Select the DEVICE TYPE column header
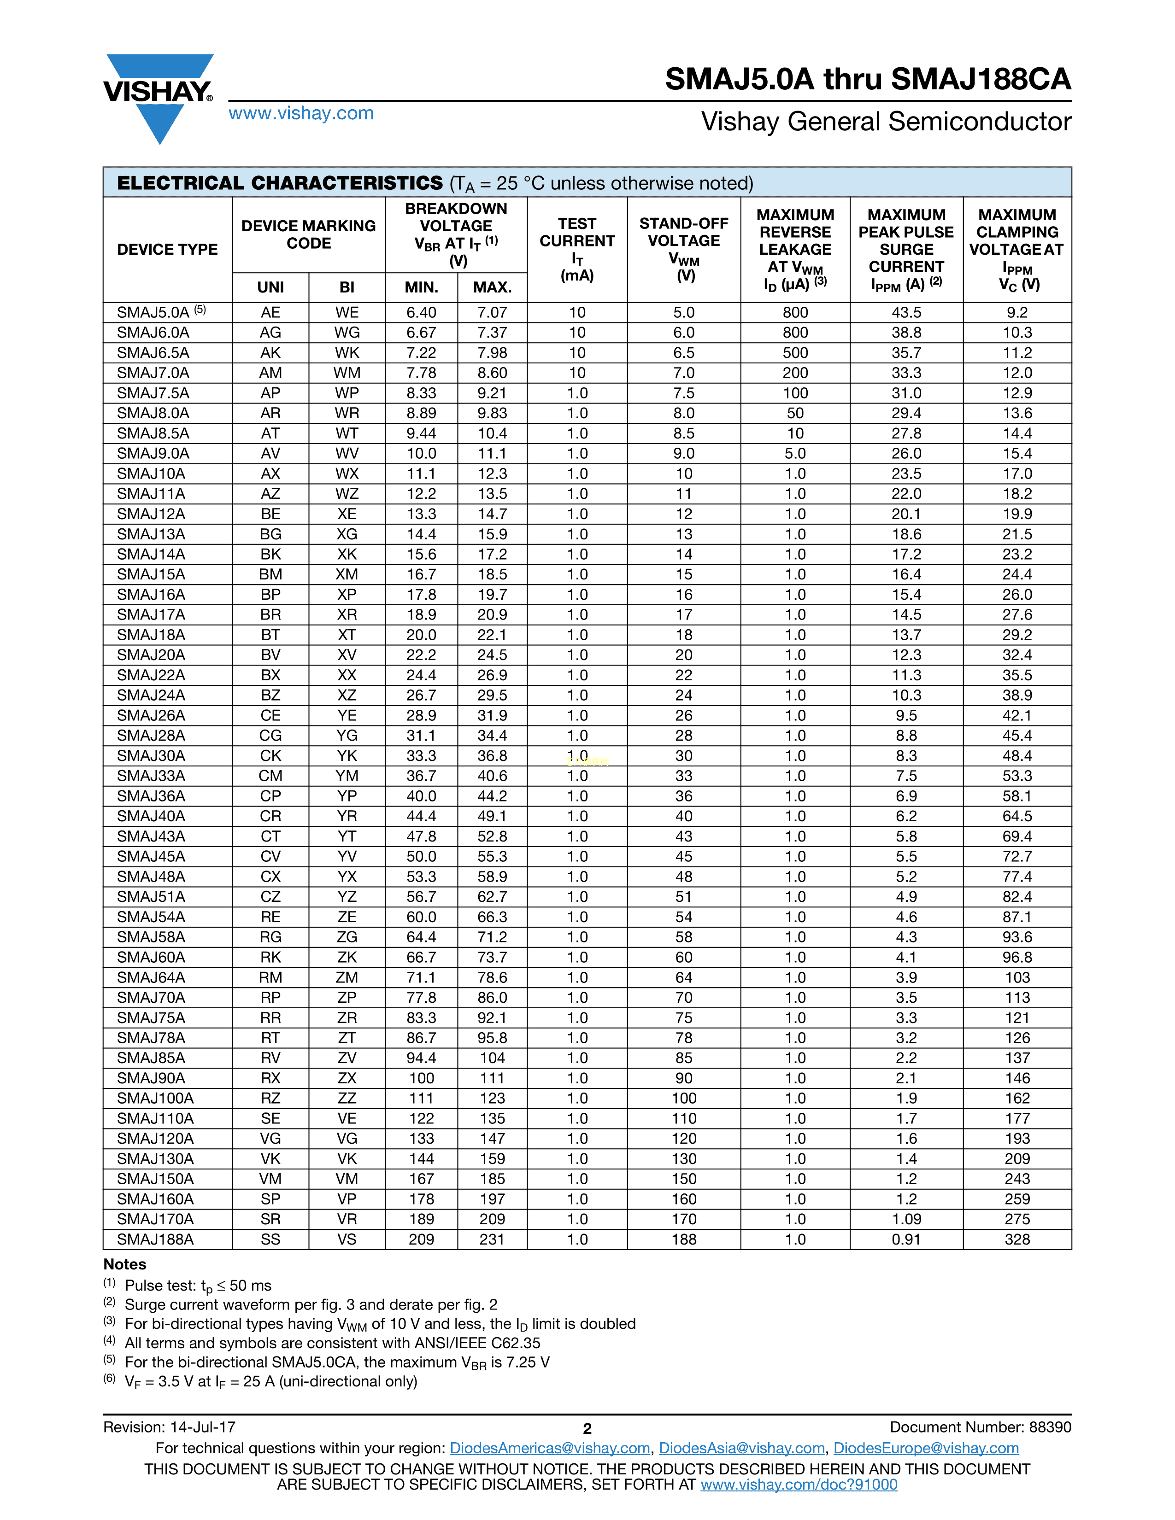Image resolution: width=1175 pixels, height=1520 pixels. tap(167, 249)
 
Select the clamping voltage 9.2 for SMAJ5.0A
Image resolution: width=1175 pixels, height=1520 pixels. tap(1017, 312)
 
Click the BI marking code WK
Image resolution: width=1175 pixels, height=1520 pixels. tap(347, 353)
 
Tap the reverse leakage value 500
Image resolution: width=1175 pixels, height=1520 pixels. tap(795, 353)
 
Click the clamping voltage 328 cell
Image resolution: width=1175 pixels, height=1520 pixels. tap(1017, 1239)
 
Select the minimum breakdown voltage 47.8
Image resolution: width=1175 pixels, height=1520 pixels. tap(421, 836)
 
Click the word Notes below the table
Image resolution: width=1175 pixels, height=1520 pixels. tap(124, 1264)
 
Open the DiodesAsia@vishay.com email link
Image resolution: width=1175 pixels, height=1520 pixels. tap(741, 1448)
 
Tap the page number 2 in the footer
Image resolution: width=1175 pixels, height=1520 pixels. tap(587, 1429)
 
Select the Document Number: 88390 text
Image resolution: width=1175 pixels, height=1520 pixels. tap(980, 1427)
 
